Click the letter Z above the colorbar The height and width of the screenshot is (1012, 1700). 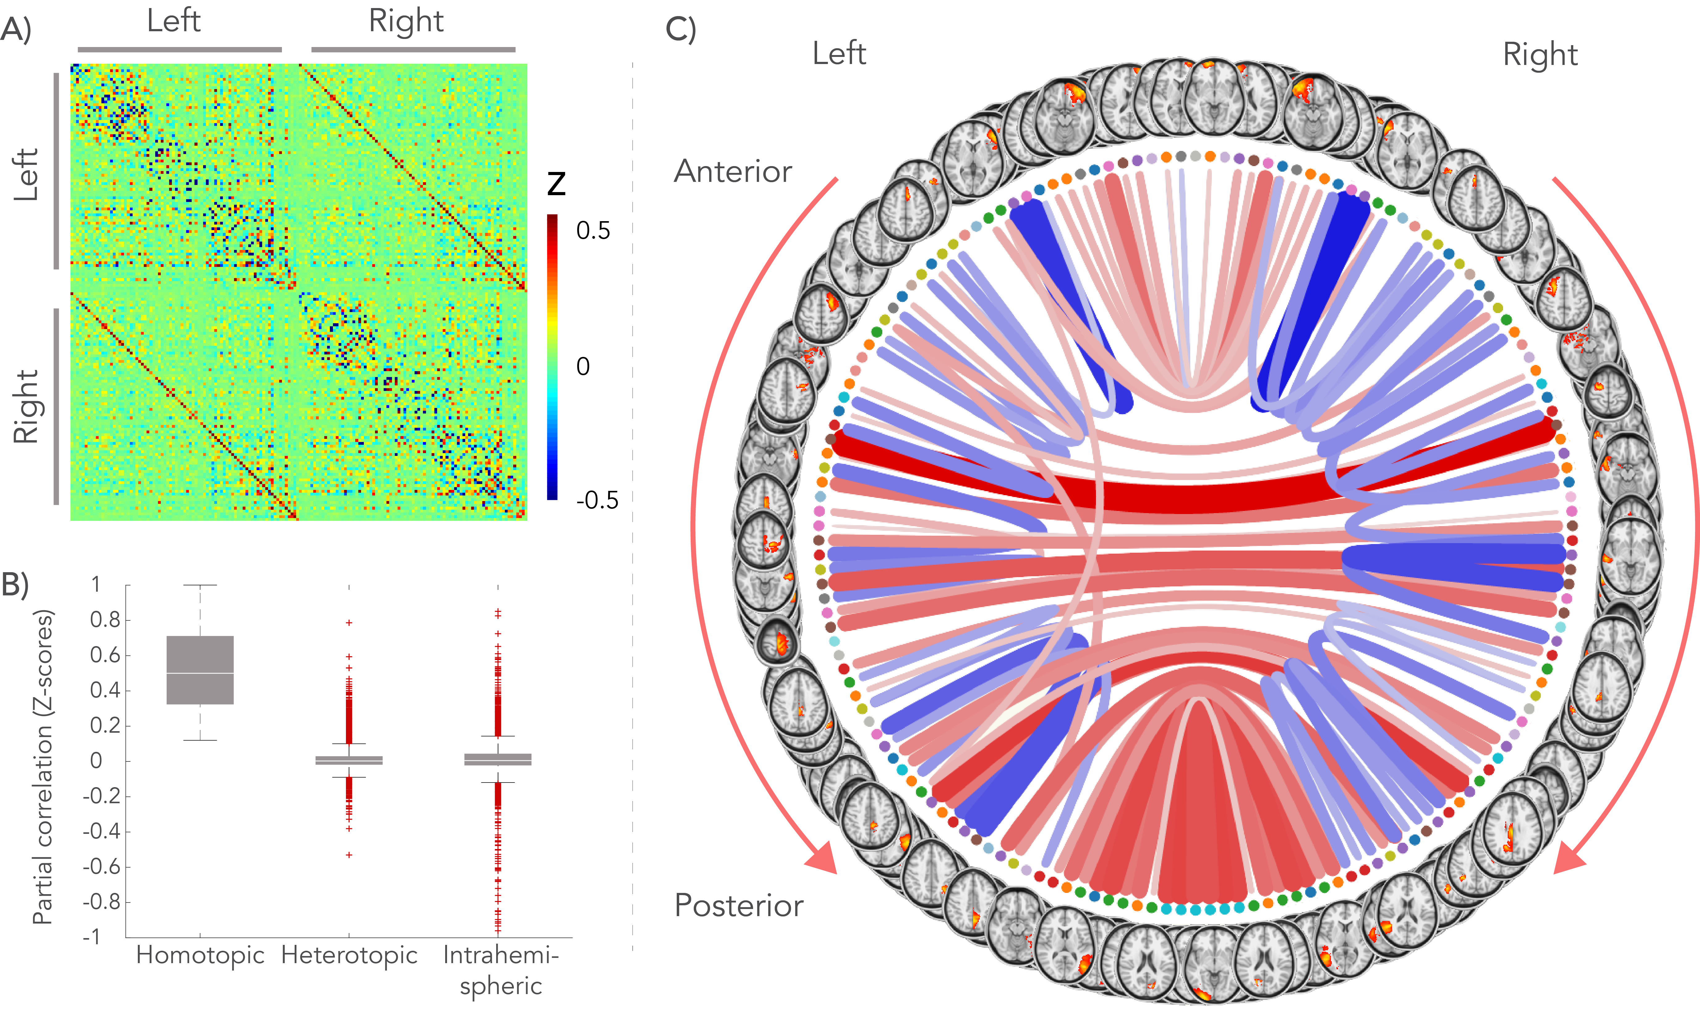click(x=556, y=184)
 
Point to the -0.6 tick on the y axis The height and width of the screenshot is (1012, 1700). click(x=101, y=867)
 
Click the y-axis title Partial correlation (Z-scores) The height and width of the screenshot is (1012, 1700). click(x=42, y=767)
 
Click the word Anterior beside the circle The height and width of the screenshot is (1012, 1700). click(x=733, y=171)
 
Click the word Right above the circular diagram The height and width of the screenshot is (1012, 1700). click(x=1540, y=54)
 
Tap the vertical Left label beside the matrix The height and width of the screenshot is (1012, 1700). click(x=26, y=174)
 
